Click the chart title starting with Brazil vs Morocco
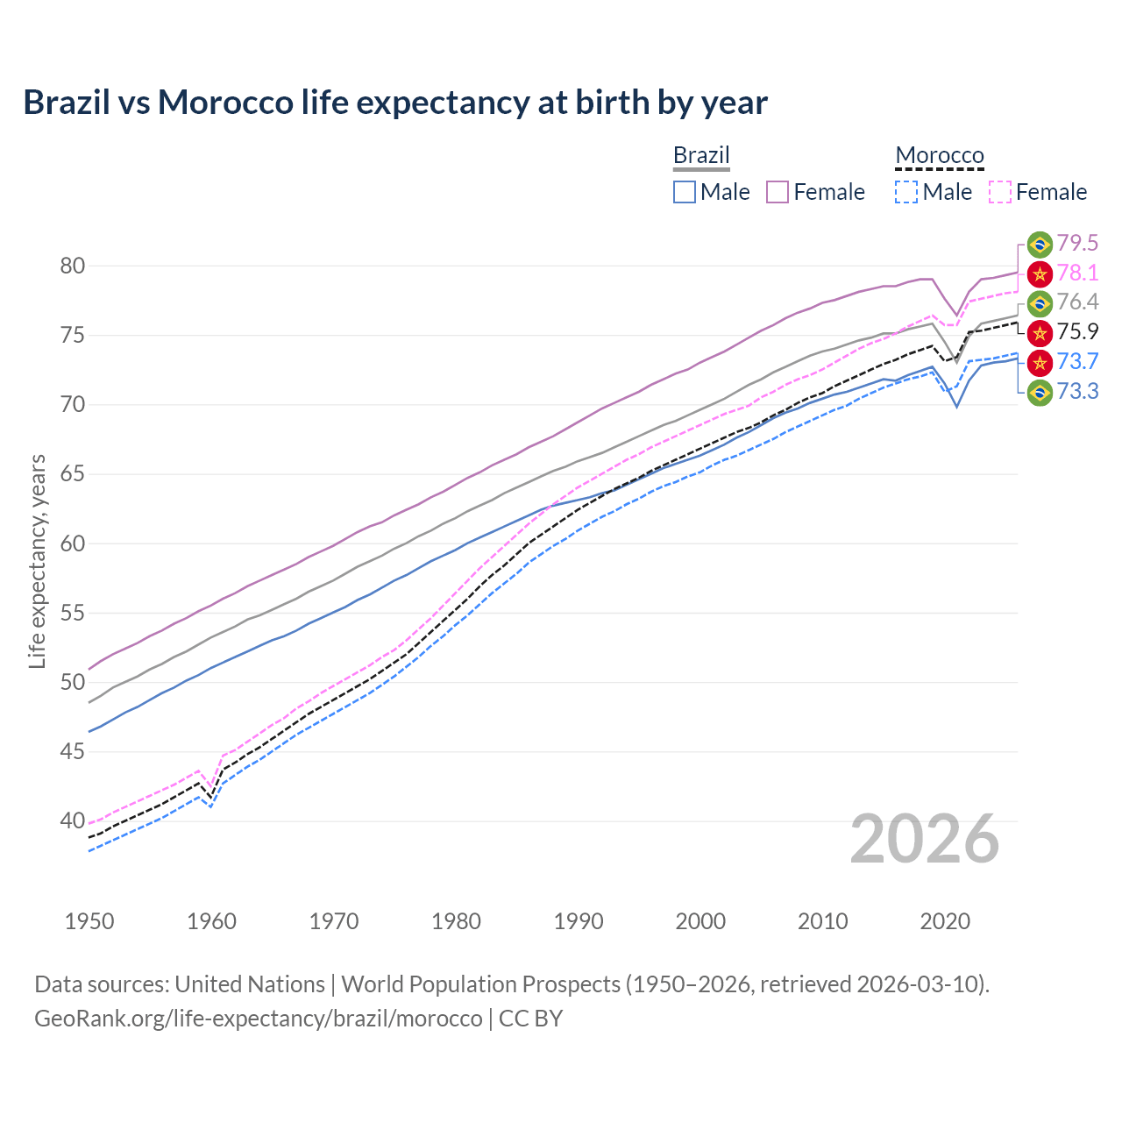[395, 103]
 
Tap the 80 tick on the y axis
[73, 266]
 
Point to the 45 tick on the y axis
[73, 752]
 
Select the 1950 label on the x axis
[89, 921]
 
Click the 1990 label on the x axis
[579, 921]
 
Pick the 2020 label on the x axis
[945, 921]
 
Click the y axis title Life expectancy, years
[37, 561]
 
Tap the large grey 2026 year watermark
[925, 839]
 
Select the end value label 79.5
[1077, 243]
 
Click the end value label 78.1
[1077, 273]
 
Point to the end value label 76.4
[1077, 302]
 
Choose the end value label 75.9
[1077, 332]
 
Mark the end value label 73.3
[1077, 391]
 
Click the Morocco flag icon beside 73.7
[1040, 362]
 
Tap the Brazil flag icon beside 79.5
[1040, 244]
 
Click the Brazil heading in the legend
[701, 155]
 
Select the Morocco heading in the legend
[940, 155]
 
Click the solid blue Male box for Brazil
[685, 192]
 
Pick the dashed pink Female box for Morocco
[1000, 192]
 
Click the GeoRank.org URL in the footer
[259, 1019]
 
